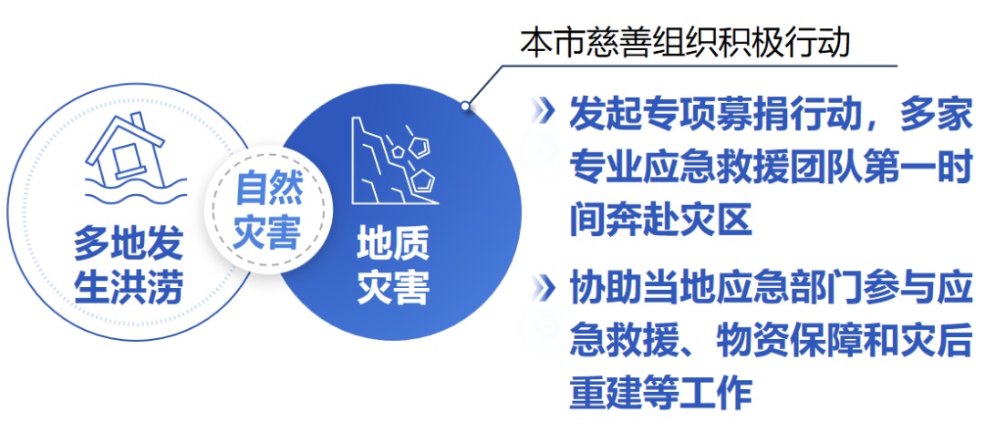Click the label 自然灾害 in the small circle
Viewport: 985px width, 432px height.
pos(268,210)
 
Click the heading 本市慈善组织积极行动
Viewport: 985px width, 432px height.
pos(685,44)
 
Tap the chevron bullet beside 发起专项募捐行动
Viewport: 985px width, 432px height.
pos(543,112)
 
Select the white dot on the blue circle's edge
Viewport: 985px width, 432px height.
pos(465,106)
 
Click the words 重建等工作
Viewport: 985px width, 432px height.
pos(661,393)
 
